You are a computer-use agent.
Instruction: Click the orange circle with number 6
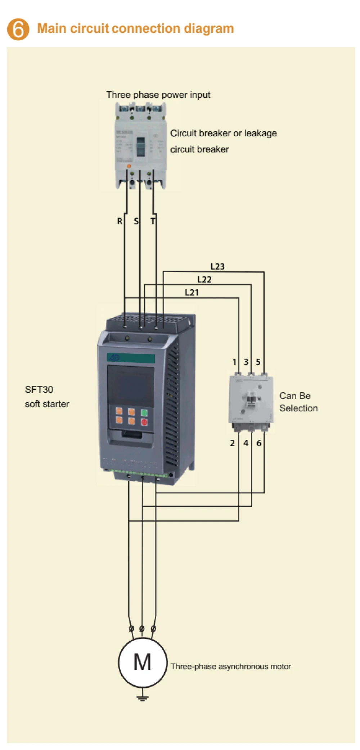click(x=18, y=29)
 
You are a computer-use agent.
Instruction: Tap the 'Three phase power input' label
click(x=158, y=95)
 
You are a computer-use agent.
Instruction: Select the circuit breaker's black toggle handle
click(x=140, y=146)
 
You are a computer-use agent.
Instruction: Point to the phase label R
click(x=120, y=221)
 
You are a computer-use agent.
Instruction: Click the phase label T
click(x=153, y=221)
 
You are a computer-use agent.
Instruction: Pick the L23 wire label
click(x=217, y=267)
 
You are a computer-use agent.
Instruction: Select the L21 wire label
click(x=192, y=293)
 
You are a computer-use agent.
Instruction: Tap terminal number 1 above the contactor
click(x=234, y=362)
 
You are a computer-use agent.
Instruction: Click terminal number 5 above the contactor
click(x=258, y=362)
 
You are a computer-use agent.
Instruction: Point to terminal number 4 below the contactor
click(x=246, y=443)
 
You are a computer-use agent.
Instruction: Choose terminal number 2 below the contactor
click(x=232, y=443)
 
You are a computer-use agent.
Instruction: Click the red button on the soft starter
click(x=144, y=422)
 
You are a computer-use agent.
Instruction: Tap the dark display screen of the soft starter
click(x=131, y=385)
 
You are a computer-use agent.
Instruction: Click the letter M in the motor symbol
click(x=142, y=662)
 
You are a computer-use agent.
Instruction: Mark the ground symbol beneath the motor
click(x=143, y=698)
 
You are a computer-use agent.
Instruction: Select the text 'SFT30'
click(x=39, y=389)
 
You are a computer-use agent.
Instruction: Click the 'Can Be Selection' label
click(x=298, y=402)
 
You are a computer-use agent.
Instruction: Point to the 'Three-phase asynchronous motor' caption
click(x=231, y=667)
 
